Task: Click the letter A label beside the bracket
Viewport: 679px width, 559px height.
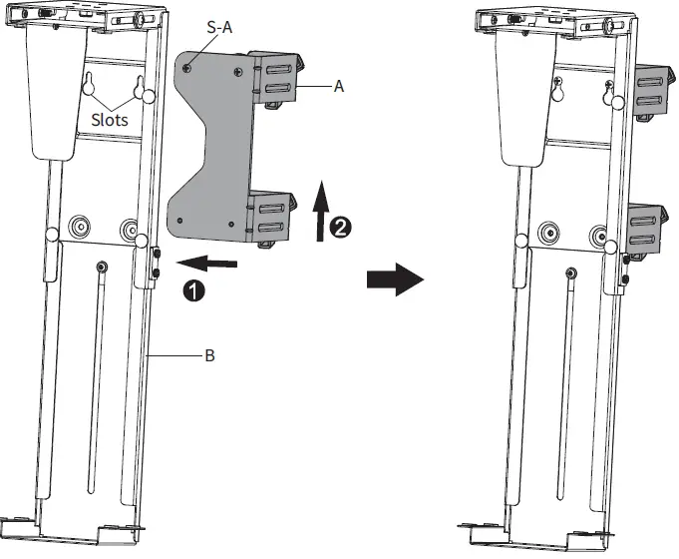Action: [x=339, y=87]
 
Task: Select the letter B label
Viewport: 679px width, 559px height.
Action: [x=209, y=353]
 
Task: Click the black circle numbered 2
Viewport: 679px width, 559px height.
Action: [x=340, y=228]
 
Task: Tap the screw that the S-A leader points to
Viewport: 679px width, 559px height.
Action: [x=189, y=67]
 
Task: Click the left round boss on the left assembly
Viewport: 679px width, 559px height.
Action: [x=77, y=228]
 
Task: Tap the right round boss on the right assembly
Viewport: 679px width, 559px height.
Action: [x=598, y=237]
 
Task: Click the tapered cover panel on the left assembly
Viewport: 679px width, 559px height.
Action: [x=54, y=90]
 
